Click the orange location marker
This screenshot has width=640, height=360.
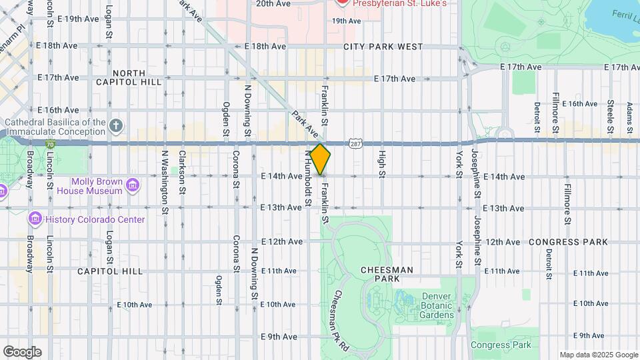tap(320, 159)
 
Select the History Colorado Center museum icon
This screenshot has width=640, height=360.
tap(35, 219)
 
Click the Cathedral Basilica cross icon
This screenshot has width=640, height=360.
tap(117, 125)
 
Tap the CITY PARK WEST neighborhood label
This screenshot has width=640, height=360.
tap(383, 47)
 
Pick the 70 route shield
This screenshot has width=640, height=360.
tap(50, 143)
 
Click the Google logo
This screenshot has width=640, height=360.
tap(22, 351)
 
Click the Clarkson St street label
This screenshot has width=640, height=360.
tap(182, 171)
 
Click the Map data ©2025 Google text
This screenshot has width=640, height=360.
tap(598, 355)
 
